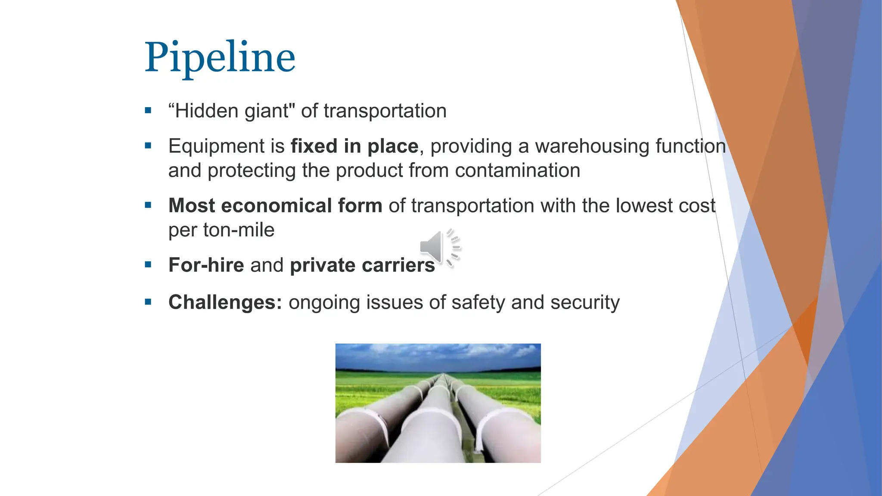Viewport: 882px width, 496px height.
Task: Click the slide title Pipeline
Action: [x=220, y=57]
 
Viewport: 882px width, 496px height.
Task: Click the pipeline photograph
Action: [x=438, y=403]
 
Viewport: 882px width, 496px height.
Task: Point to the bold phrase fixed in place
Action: [x=354, y=146]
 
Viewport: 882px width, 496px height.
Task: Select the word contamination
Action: [x=517, y=170]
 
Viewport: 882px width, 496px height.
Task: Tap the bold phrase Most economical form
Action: [x=275, y=206]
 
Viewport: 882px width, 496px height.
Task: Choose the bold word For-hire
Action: [x=206, y=265]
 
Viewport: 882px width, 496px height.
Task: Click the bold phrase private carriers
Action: [x=362, y=265]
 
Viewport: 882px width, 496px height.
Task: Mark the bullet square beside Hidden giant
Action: [x=148, y=111]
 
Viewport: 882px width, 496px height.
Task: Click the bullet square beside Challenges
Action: [x=148, y=302]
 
